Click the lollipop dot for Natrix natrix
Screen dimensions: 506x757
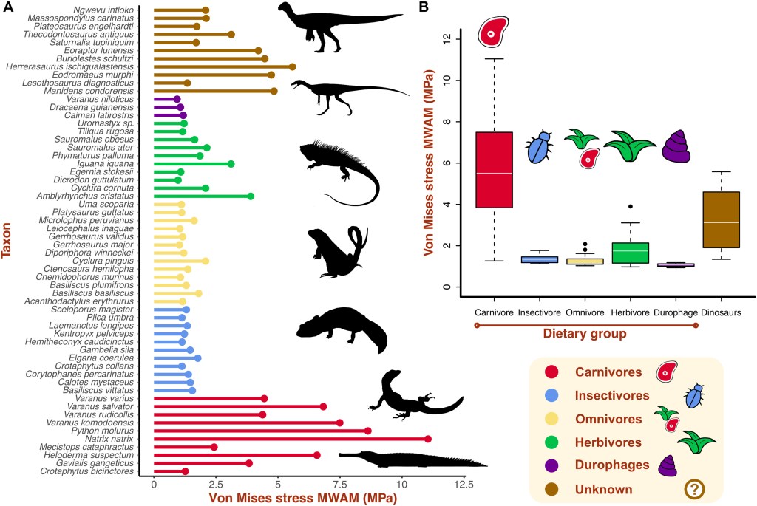pyautogui.click(x=428, y=439)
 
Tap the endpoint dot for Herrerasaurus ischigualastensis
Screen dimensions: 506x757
pyautogui.click(x=292, y=66)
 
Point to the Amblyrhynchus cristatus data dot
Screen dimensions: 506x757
pyautogui.click(x=251, y=196)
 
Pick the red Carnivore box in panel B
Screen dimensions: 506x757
pyautogui.click(x=495, y=171)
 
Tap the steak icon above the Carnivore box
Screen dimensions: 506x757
pyautogui.click(x=494, y=31)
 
